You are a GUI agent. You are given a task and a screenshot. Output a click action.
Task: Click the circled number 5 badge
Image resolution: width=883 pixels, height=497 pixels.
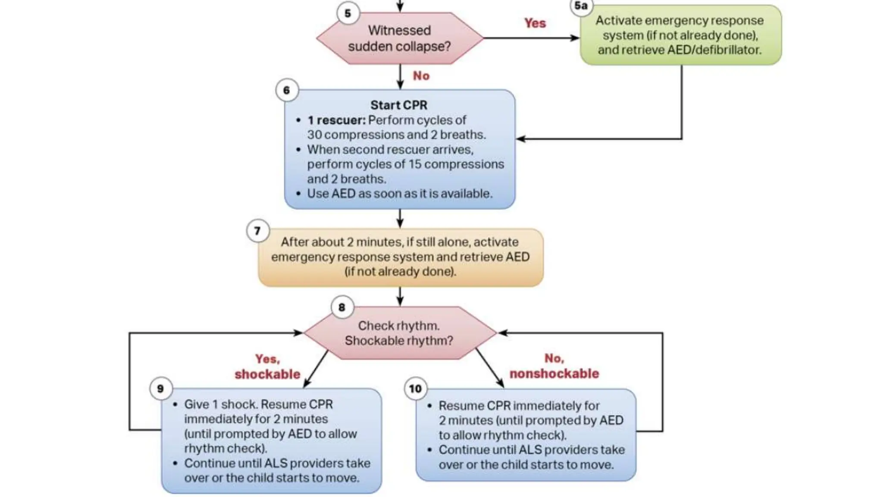tap(348, 13)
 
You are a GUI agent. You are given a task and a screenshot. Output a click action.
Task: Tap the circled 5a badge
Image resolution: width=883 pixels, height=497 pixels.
tap(581, 6)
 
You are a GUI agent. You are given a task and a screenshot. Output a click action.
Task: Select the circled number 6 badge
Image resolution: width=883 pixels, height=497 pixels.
tap(287, 90)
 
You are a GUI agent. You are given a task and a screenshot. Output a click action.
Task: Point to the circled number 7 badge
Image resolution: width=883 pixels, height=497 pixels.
tap(258, 231)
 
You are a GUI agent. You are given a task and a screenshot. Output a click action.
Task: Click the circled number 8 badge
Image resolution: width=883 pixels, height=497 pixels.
tap(342, 307)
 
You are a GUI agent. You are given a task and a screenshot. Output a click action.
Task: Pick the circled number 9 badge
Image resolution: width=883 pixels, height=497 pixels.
tap(160, 388)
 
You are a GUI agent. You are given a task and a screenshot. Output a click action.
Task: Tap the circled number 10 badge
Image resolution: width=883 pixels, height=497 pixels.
tap(415, 388)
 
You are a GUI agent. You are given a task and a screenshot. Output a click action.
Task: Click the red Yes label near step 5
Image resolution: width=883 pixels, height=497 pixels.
tap(535, 23)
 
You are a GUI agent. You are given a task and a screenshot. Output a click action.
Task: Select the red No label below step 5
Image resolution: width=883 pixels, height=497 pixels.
tap(421, 76)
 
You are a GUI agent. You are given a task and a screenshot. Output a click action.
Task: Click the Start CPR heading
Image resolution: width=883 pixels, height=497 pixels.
tap(399, 105)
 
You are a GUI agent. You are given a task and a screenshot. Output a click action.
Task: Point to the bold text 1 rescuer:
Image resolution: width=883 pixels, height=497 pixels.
tap(336, 120)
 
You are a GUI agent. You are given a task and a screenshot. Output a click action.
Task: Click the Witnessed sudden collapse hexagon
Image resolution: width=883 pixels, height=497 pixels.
tap(399, 38)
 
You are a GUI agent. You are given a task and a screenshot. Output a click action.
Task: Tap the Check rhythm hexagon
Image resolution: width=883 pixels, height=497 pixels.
tap(399, 333)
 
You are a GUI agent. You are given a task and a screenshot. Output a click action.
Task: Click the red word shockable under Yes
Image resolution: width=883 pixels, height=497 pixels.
tap(267, 374)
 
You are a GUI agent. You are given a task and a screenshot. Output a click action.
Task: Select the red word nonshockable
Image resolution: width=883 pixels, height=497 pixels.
tap(554, 374)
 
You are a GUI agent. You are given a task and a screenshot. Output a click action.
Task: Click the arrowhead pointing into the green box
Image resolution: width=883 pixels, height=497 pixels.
tap(575, 38)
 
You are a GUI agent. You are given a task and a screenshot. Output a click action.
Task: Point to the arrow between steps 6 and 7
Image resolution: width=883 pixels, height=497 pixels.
tap(400, 219)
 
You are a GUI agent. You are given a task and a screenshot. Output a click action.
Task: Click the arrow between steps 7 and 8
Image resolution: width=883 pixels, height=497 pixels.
tap(400, 297)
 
